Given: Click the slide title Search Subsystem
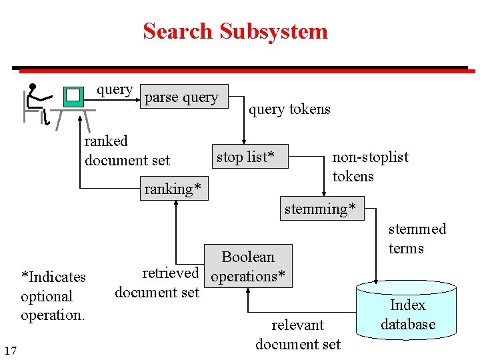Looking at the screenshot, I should [235, 31].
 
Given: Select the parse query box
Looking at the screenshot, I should [182, 97].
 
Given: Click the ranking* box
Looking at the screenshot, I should [173, 189].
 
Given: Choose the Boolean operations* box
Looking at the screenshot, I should [249, 266].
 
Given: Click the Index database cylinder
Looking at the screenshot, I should [407, 315].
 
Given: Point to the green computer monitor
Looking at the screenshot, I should [73, 97].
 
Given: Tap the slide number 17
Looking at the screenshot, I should [11, 350].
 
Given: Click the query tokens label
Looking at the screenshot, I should [289, 109].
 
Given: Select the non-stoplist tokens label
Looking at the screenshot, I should [370, 167].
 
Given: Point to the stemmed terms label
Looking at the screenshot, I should [417, 239].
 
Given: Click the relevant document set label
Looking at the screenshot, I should [297, 335].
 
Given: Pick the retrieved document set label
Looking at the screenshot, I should [158, 282].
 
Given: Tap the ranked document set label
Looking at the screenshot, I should [127, 151].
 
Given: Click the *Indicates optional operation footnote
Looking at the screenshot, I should [53, 296].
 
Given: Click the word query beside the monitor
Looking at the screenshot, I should [114, 89].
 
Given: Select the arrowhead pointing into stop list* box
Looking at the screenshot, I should [243, 141].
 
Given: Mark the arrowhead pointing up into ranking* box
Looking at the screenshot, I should [175, 204].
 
